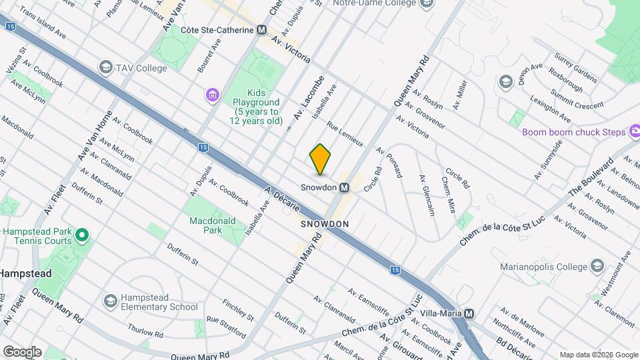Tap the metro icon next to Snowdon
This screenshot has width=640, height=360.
click(x=345, y=188)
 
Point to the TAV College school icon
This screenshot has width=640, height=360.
click(x=105, y=67)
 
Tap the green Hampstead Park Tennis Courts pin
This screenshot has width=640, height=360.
click(x=82, y=235)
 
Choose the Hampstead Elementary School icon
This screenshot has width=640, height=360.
click(x=109, y=301)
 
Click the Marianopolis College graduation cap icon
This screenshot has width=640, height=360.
click(x=597, y=267)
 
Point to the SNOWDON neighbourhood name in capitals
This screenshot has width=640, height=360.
click(x=325, y=225)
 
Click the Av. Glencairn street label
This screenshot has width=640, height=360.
click(x=427, y=195)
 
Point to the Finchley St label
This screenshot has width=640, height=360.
click(x=237, y=309)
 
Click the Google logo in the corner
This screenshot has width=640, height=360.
click(x=21, y=351)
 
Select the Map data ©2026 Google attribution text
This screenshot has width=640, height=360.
click(x=597, y=355)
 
